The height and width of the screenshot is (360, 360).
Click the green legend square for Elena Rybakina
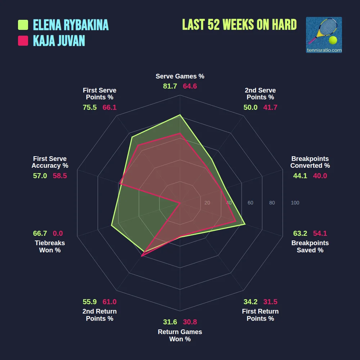point(23,25)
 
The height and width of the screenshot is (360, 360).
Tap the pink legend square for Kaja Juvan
point(23,41)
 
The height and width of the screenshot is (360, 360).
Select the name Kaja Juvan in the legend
point(59,41)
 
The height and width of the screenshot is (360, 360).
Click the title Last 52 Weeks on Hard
point(239,24)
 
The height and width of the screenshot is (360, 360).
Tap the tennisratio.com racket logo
point(324,35)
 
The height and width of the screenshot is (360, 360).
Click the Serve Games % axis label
point(180,76)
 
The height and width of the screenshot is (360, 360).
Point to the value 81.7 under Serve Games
point(170,86)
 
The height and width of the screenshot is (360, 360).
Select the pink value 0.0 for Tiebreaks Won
point(58,233)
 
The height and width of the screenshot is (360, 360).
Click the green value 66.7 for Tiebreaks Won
point(40,233)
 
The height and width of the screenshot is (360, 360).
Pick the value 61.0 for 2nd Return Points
point(109,302)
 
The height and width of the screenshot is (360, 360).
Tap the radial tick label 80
point(272,203)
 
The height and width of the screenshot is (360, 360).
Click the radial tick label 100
point(295,203)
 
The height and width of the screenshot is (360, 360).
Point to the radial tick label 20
point(207,203)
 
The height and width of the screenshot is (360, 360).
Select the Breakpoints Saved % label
point(310,247)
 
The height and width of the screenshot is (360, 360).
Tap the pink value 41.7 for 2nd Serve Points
point(270,107)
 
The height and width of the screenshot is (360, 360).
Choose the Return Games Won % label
point(180,336)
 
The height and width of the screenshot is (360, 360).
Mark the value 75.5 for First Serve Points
point(90,107)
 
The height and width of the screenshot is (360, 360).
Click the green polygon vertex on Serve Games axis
point(180,115)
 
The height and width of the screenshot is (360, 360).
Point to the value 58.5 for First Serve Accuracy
point(60,176)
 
